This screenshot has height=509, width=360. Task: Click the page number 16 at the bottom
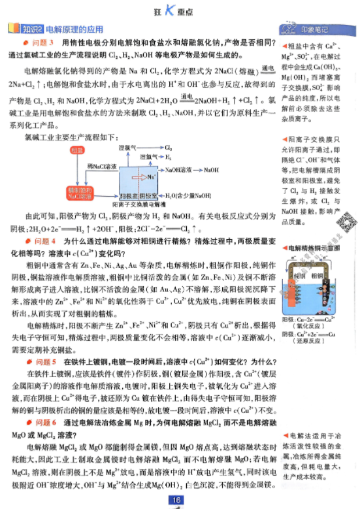pyautogui.click(x=177, y=500)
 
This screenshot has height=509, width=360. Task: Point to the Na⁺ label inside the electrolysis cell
pyautogui.click(x=151, y=176)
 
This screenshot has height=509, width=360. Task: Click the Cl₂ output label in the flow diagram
pyautogui.click(x=169, y=148)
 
